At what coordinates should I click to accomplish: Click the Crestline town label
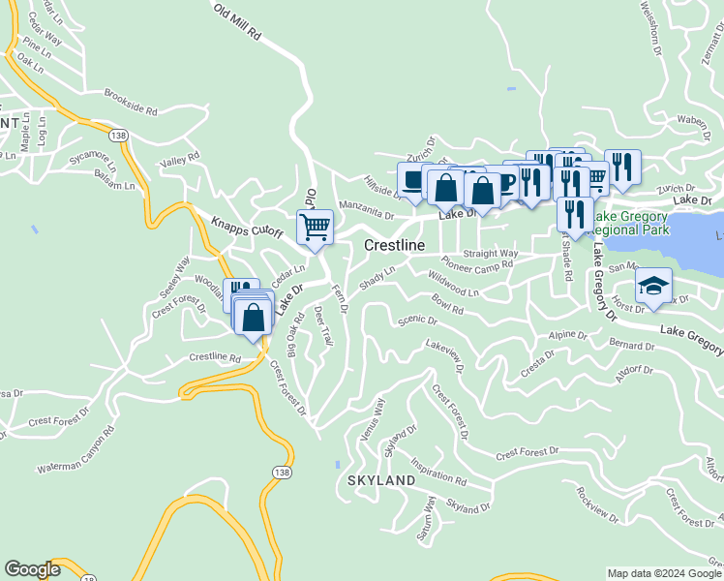394,246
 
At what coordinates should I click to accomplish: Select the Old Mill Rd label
237,20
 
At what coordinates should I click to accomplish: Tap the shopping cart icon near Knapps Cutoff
315,227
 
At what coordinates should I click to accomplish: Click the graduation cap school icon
653,285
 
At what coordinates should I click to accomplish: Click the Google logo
32,569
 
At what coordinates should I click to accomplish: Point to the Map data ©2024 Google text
663,573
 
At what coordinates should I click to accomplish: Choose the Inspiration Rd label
437,472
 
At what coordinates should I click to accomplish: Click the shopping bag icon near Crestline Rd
253,318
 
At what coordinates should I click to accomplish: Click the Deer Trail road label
323,327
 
